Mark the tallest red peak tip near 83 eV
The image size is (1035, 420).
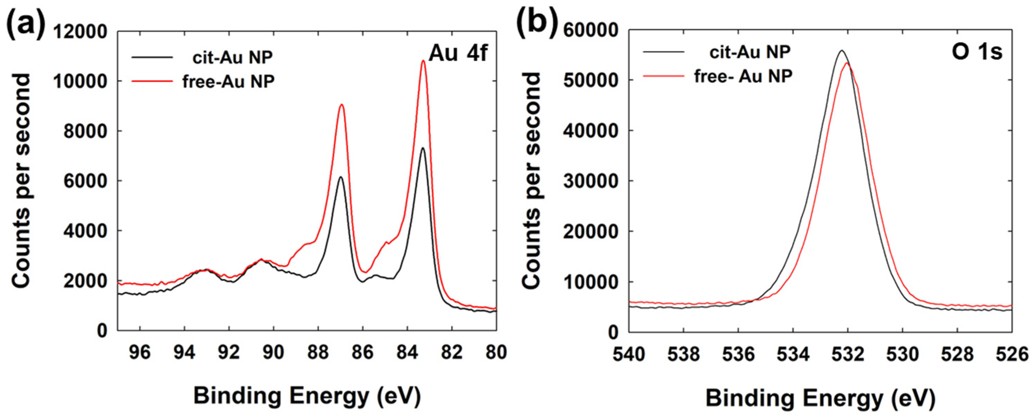click(423, 61)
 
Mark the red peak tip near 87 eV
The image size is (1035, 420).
click(342, 105)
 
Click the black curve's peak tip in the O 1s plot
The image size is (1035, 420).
click(841, 50)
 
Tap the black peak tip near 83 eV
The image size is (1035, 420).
click(423, 148)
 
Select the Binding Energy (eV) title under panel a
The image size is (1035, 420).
click(307, 396)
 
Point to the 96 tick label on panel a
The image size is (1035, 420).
click(140, 353)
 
